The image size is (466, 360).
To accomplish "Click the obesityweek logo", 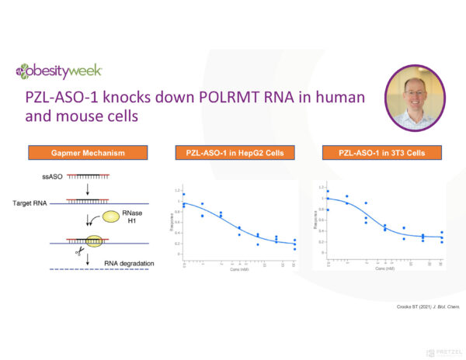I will point(57,72).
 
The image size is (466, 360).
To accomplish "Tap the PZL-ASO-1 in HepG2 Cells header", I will point(230,153).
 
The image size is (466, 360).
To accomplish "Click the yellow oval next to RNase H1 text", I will point(108,220).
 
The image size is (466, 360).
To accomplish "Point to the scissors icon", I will point(79,251).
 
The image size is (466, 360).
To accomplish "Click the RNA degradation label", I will point(129,263).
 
